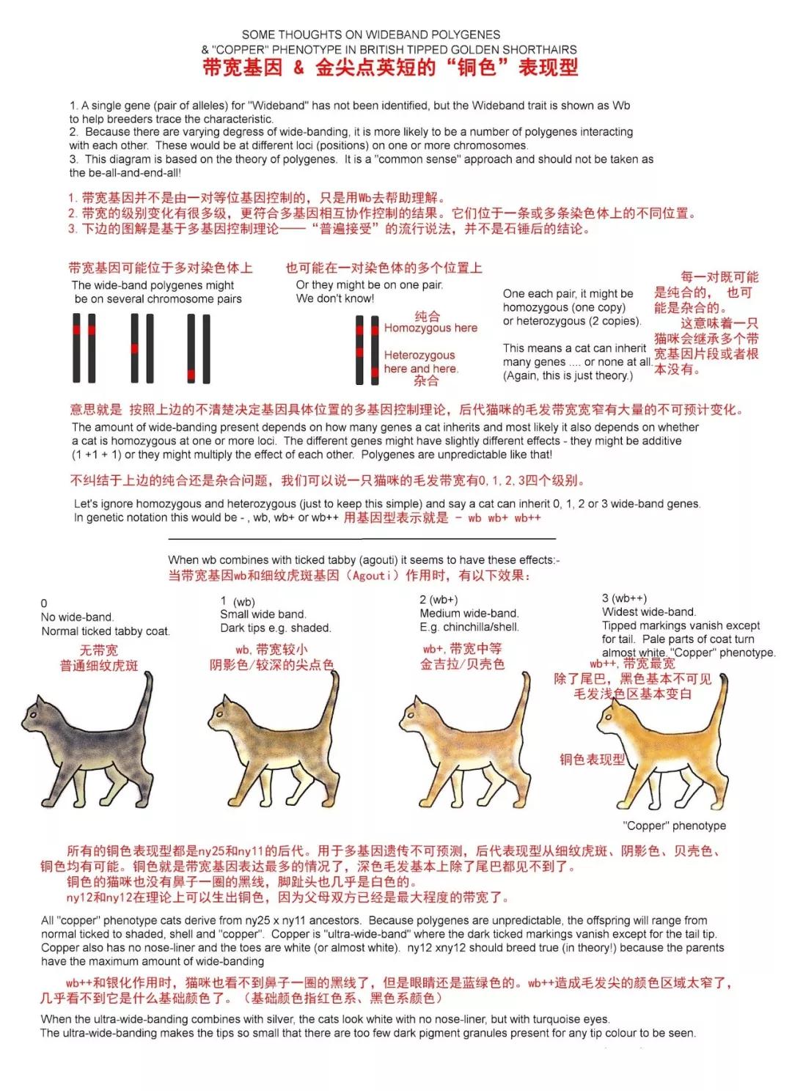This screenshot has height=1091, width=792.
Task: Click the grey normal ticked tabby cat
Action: pos(92,741)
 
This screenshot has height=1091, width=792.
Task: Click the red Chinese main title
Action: pos(389,68)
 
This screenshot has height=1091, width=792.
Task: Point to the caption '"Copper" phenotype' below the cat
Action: pos(674,826)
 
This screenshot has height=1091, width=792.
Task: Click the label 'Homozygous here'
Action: pos(430,328)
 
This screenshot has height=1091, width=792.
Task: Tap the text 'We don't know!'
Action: pos(334,298)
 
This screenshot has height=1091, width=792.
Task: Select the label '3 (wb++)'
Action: pos(624,598)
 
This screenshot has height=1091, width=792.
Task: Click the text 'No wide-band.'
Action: pos(77,617)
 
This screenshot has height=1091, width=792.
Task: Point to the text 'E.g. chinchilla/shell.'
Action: pos(469,627)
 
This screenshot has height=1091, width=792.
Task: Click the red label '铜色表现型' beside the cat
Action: pos(592,760)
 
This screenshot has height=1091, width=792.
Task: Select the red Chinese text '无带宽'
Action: pos(98,650)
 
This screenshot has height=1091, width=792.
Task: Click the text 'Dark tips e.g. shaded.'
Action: pos(275,628)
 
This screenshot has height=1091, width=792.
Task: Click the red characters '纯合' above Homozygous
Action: pos(427,316)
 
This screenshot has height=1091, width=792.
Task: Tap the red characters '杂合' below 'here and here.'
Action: pos(426,381)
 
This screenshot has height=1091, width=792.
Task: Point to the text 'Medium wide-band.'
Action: pos(469,613)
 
